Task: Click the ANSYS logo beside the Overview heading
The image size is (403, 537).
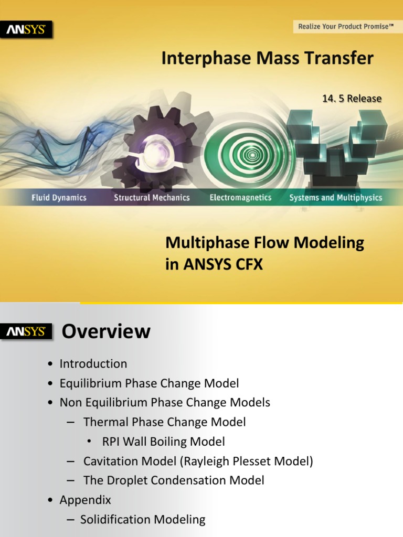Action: click(x=27, y=332)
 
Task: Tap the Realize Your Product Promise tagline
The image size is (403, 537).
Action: click(x=346, y=26)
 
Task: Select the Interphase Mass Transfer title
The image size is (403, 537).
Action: click(x=267, y=58)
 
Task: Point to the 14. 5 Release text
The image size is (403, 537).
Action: click(x=352, y=99)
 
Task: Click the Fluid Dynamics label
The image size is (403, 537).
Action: click(x=58, y=198)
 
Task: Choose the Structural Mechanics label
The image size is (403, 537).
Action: click(x=152, y=198)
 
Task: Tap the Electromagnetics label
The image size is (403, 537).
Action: click(x=240, y=198)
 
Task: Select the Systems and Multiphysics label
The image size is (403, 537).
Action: click(x=336, y=198)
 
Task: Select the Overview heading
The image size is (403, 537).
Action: click(x=106, y=331)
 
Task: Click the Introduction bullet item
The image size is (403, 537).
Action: click(x=93, y=363)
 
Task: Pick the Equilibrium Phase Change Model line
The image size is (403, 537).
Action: click(x=149, y=383)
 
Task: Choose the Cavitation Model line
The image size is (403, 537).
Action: click(x=198, y=461)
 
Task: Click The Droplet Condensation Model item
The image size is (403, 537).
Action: click(x=174, y=480)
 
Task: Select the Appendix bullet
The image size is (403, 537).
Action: click(x=85, y=500)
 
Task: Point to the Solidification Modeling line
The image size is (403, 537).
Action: click(x=143, y=519)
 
